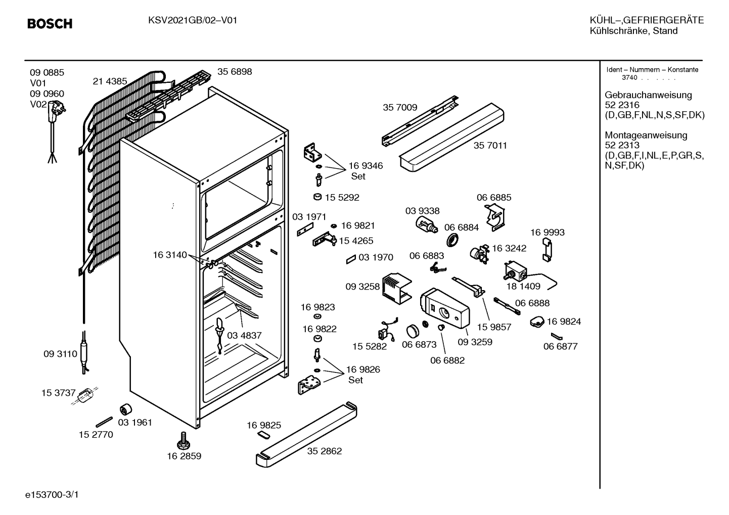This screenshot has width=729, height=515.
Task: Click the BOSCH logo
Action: coord(50,24)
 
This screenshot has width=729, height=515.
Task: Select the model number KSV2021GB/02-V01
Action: coord(193,21)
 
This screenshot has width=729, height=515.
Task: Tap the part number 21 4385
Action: coord(110,81)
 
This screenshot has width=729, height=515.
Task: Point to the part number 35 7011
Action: coord(490,146)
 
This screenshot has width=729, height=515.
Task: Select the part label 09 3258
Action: coord(362,287)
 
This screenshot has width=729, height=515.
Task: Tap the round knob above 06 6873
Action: coord(413,331)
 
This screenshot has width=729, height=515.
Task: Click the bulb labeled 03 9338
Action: coord(426,225)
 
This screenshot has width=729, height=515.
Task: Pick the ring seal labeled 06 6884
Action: coord(452,240)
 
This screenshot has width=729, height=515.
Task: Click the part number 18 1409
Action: coord(523,286)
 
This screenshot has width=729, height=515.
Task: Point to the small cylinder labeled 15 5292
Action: coord(317,197)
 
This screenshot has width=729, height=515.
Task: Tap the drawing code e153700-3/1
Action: coord(52,495)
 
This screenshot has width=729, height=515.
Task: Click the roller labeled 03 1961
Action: coord(125,409)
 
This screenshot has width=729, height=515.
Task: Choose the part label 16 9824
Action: coord(564,321)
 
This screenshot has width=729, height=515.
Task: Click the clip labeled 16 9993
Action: coord(547,250)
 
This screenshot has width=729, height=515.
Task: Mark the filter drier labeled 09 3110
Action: coord(84,352)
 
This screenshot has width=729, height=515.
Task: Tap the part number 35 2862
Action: coord(325,451)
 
